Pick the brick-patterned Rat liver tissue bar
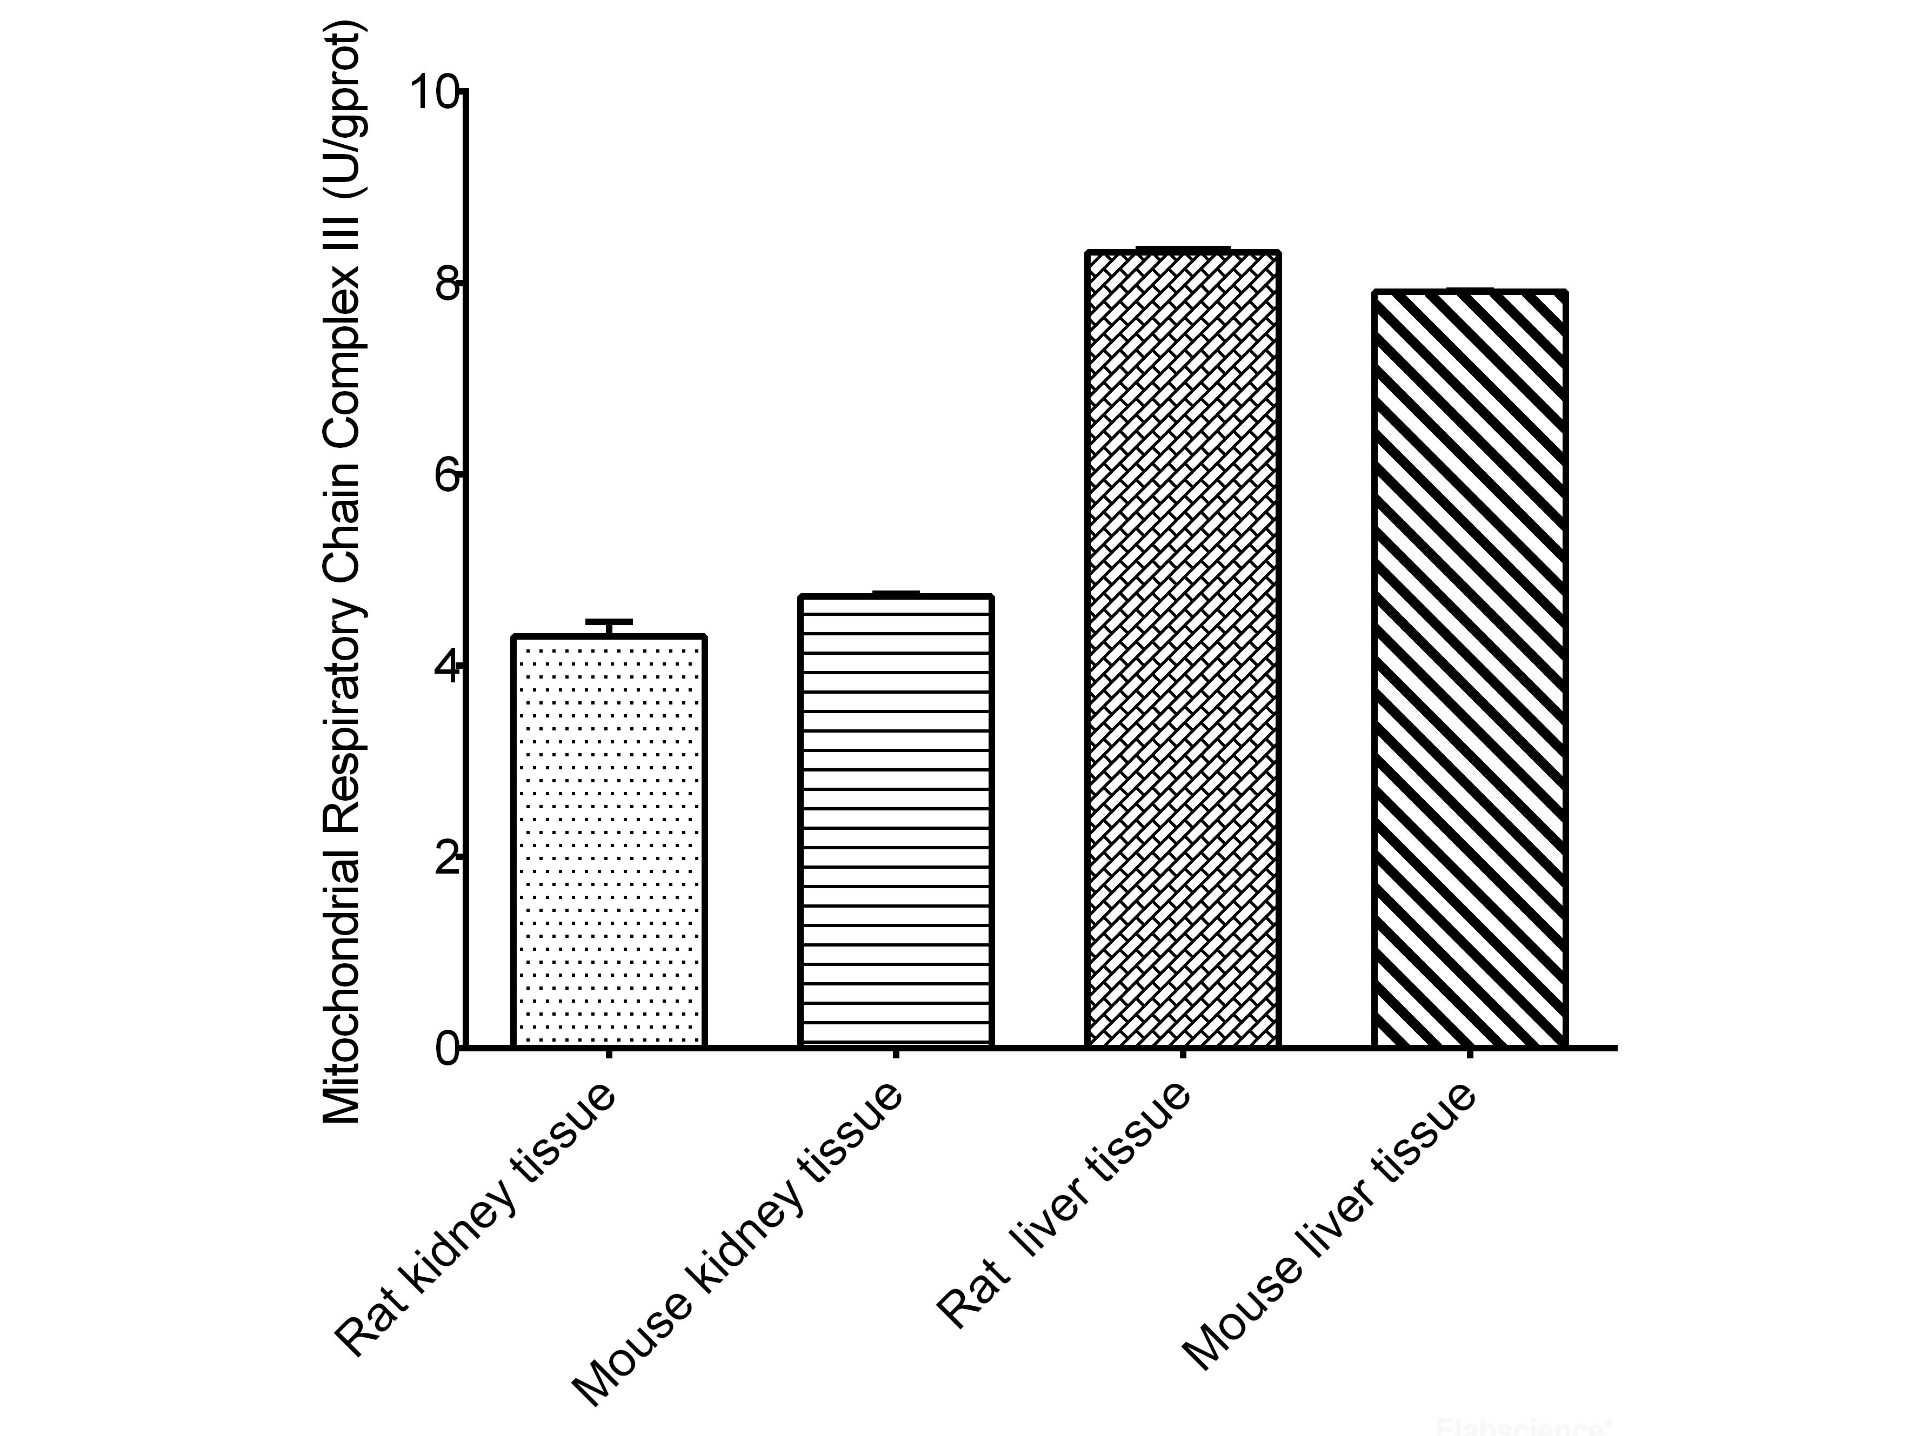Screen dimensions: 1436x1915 click(1183, 649)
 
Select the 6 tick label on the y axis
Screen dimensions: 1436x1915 click(445, 475)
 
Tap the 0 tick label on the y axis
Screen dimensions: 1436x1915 click(445, 1050)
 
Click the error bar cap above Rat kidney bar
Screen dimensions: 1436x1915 click(610, 621)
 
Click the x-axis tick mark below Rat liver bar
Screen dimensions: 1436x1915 click(1183, 1055)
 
